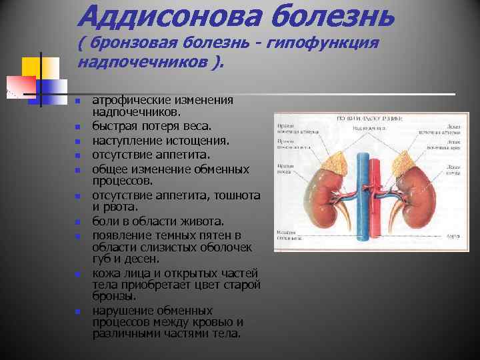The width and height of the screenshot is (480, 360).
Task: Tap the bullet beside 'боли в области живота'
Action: (x=78, y=221)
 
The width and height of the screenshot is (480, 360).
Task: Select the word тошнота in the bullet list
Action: (x=237, y=196)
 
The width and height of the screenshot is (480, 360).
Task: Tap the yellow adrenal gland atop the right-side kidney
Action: (x=406, y=157)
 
